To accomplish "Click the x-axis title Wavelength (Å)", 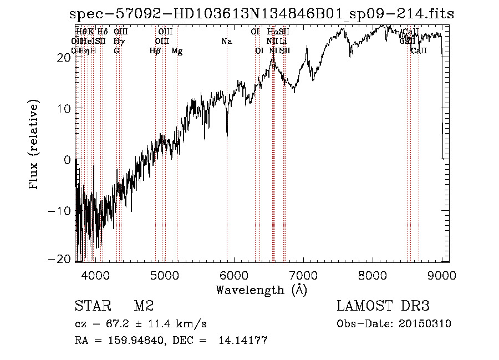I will [x=261, y=290].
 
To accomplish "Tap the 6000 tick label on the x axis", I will [x=234, y=275].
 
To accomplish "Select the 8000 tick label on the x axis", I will [x=373, y=275].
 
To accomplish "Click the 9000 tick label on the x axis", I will [x=442, y=275].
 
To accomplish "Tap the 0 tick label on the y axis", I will [x=67, y=160].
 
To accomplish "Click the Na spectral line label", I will [x=226, y=41].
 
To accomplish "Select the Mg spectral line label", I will [x=177, y=51].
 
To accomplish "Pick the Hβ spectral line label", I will [x=155, y=51].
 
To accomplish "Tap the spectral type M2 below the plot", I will [x=143, y=306].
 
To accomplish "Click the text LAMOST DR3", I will [x=383, y=306].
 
